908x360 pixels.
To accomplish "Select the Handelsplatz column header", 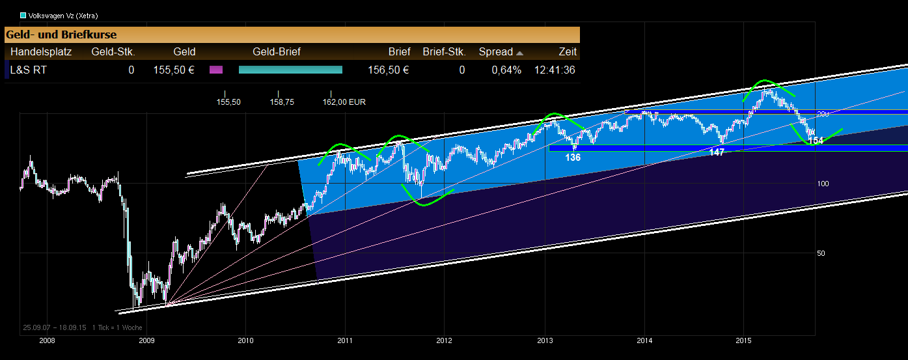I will [41, 52].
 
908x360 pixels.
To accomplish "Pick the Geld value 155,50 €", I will [174, 70].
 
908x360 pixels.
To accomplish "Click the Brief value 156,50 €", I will [388, 70].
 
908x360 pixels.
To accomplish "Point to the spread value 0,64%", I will [507, 70].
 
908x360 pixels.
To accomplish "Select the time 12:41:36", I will [555, 70].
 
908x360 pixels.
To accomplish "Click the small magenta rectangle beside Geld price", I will [216, 70].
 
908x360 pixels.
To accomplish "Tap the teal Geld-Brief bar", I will [290, 70].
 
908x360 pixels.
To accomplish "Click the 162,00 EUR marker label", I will [344, 102].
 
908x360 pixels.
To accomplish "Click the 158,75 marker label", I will [282, 102].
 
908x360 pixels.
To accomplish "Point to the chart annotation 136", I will [573, 158].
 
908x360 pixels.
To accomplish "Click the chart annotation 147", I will [717, 152].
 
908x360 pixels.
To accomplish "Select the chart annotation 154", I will [816, 141].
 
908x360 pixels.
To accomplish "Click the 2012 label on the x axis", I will [444, 340].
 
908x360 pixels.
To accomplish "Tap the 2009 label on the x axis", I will [146, 340].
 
